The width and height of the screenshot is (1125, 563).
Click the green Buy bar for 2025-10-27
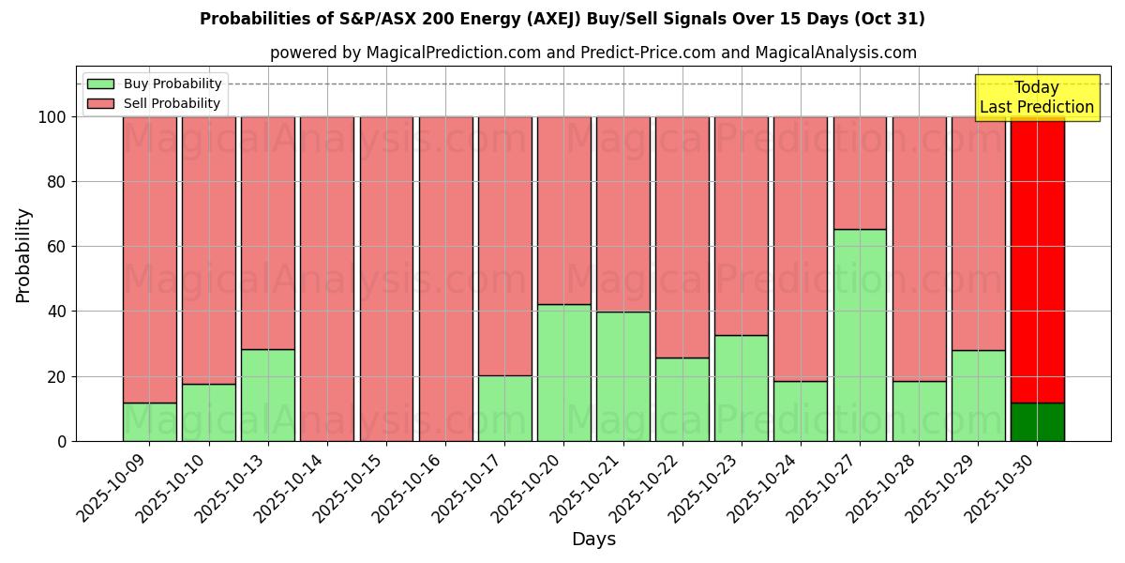click(x=860, y=335)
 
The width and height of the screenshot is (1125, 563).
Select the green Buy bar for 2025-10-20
click(x=563, y=373)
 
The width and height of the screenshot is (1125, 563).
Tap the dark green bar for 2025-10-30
click(x=1037, y=421)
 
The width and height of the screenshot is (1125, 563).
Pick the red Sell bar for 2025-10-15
click(x=386, y=279)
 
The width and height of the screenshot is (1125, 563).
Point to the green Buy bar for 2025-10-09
click(x=150, y=421)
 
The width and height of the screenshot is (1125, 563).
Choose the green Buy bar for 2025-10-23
click(x=742, y=388)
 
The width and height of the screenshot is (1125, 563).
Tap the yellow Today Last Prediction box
click(x=1036, y=98)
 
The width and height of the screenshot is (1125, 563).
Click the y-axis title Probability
click(x=23, y=255)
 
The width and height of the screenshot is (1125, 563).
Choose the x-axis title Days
click(x=593, y=540)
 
